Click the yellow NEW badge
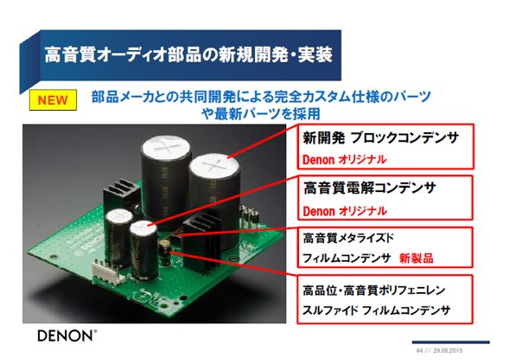53,100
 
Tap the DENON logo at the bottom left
67,335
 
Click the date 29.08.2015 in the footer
448,351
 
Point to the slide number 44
419,351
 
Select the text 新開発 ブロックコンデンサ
380,138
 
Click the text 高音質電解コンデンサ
369,188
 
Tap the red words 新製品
417,259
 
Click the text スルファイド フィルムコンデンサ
376,310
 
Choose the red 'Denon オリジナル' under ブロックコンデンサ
344,160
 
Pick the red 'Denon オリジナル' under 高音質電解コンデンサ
345,212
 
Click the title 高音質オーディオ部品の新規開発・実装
188,54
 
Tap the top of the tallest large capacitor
166,147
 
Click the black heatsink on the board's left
120,198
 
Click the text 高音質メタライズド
348,238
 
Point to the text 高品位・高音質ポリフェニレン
373,290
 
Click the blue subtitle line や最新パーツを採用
261,114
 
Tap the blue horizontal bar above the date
451,342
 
